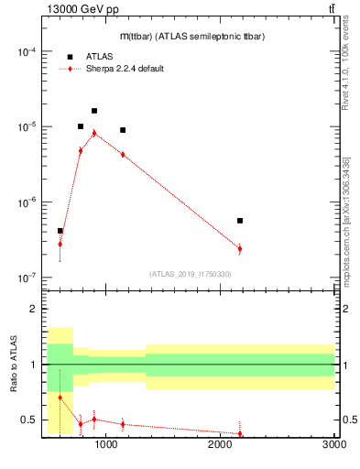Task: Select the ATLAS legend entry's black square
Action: click(x=70, y=57)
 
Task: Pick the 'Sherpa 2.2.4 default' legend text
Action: click(x=125, y=69)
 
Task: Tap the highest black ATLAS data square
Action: click(x=94, y=111)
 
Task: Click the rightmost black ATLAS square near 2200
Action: click(x=240, y=221)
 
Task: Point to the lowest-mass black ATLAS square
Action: click(x=60, y=231)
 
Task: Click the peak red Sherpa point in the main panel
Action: click(x=94, y=133)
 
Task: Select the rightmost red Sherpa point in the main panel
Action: click(x=240, y=248)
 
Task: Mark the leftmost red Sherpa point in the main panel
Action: click(x=60, y=244)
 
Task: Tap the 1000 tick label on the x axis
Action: click(x=106, y=444)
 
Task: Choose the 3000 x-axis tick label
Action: click(x=334, y=444)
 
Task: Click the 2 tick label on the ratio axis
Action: click(x=32, y=309)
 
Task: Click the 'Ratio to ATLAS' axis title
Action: click(x=13, y=365)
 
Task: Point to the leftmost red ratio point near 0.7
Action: click(x=60, y=398)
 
